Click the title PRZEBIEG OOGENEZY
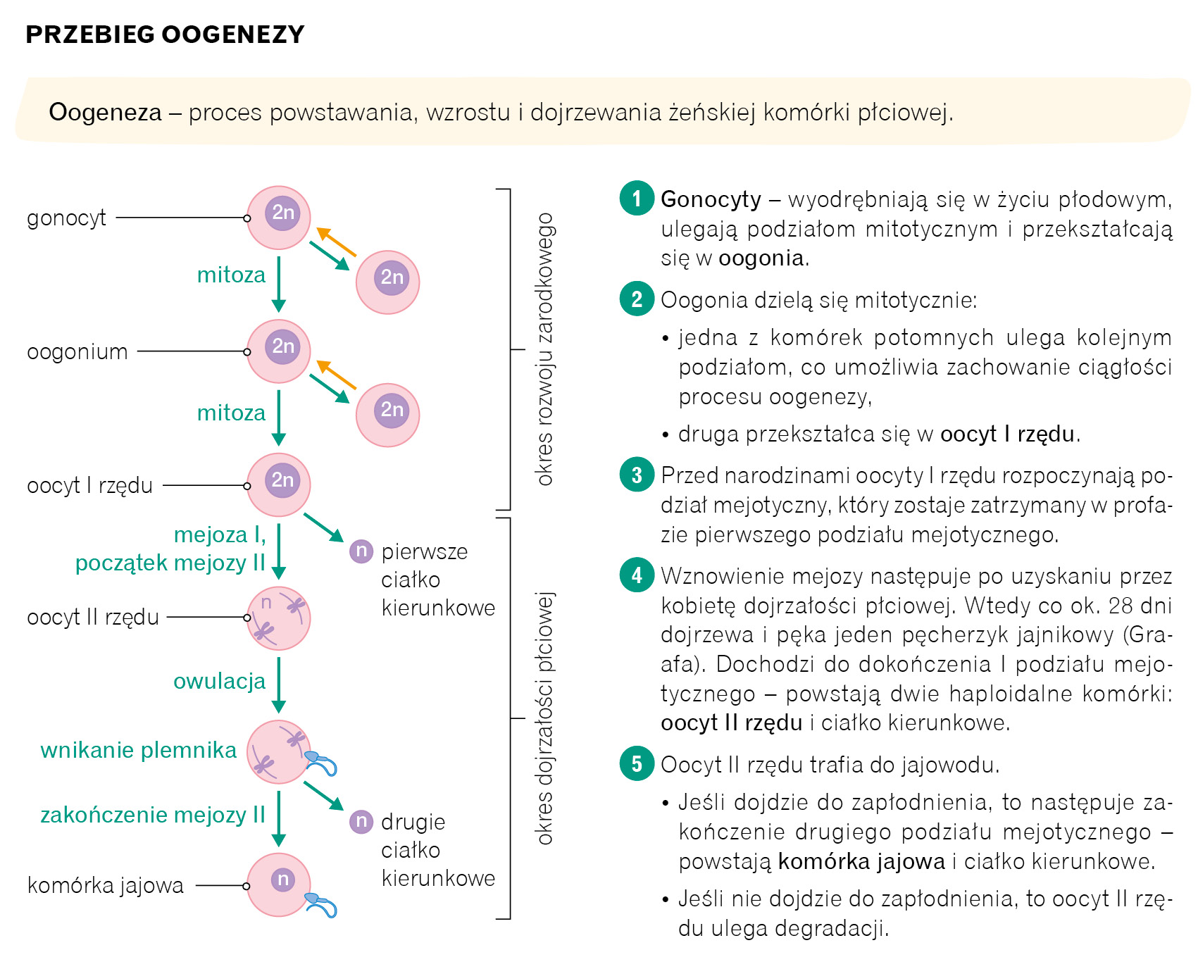click(165, 35)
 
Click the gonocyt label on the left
click(66, 218)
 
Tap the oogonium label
click(77, 351)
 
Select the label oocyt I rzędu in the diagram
click(89, 485)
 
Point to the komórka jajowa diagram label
click(105, 885)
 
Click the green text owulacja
click(220, 681)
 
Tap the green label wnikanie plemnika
click(139, 750)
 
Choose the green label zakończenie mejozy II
click(153, 815)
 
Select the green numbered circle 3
click(637, 475)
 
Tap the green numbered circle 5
click(637, 764)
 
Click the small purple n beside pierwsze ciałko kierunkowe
click(361, 551)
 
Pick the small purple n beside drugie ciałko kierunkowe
click(361, 821)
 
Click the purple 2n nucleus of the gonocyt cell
click(282, 212)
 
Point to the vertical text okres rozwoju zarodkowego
click(544, 349)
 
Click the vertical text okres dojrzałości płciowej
click(544, 718)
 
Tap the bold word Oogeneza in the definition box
click(105, 112)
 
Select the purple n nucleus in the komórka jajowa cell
click(282, 879)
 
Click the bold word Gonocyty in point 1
click(711, 199)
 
